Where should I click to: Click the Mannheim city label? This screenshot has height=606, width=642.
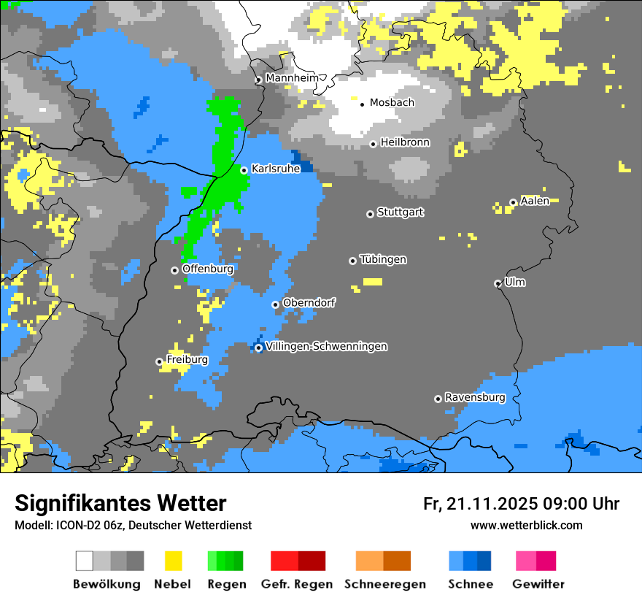click(x=292, y=78)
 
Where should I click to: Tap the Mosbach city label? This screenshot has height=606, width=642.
click(x=392, y=103)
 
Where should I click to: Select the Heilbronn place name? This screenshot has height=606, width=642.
click(x=405, y=142)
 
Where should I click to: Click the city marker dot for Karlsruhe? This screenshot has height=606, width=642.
click(x=244, y=170)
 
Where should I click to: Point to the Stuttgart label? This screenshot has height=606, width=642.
click(x=400, y=212)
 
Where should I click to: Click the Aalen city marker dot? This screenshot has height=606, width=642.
click(x=513, y=202)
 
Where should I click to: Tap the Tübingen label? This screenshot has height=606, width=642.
click(x=383, y=260)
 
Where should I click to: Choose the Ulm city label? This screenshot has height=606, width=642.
click(x=515, y=282)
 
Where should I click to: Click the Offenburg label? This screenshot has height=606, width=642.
click(x=208, y=269)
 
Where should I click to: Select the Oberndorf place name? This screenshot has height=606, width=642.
click(x=309, y=302)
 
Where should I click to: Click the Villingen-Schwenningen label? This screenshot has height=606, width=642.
click(x=327, y=347)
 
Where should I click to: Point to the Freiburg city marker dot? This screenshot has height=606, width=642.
click(x=159, y=361)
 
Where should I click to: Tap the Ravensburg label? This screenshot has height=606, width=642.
click(x=475, y=398)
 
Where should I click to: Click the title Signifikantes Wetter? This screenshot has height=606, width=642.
click(x=120, y=504)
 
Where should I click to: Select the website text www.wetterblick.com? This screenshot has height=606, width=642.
click(x=526, y=526)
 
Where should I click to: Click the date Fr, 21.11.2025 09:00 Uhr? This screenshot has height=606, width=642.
click(x=521, y=504)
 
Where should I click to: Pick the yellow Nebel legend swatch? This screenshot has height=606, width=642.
click(x=173, y=561)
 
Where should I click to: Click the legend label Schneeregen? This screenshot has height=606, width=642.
click(x=384, y=584)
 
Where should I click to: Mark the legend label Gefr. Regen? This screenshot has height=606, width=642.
click(x=297, y=584)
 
